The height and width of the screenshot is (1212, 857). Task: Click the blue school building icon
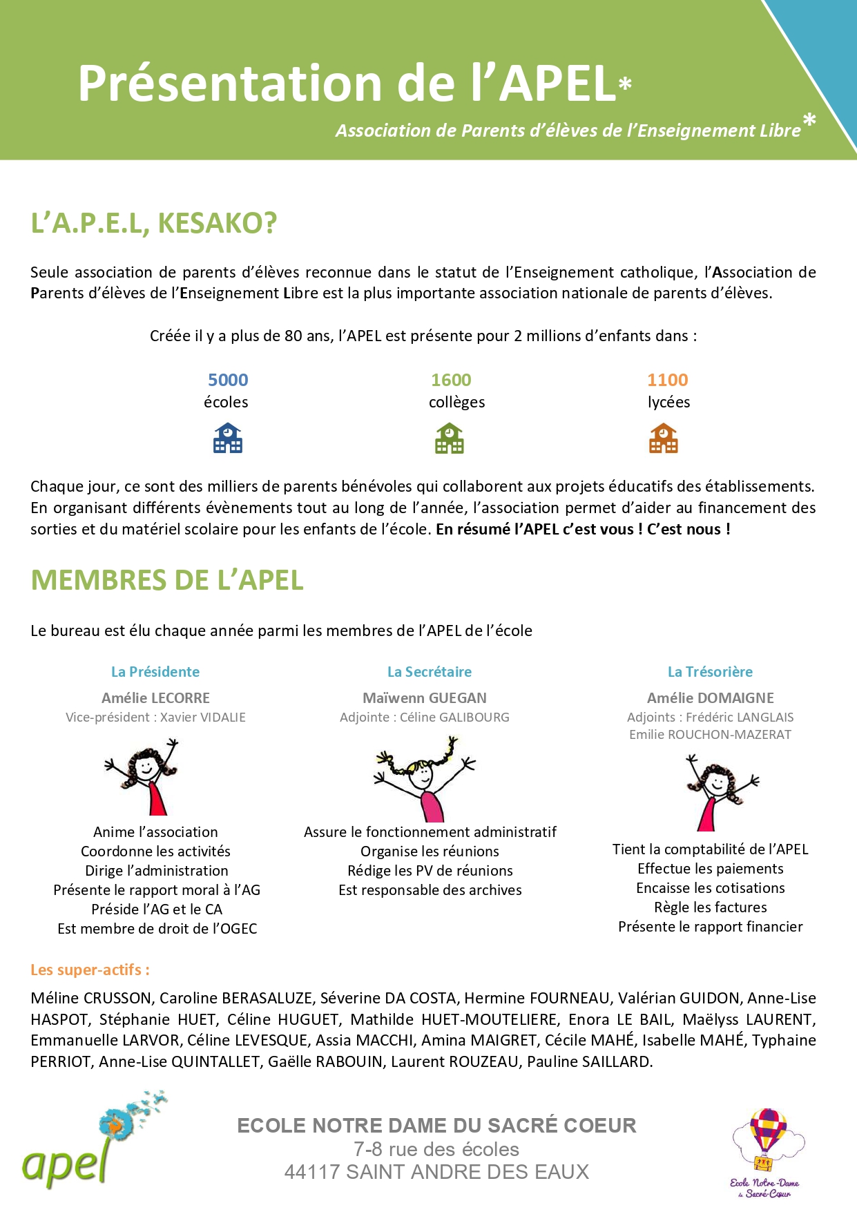click(x=228, y=439)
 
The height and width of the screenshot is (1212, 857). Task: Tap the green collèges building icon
click(x=450, y=439)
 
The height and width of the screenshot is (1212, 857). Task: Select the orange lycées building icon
click(x=664, y=439)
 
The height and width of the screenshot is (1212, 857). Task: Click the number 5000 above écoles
click(x=228, y=380)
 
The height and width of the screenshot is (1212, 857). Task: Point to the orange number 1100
click(x=668, y=380)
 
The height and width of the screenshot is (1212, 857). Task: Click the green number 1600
click(x=451, y=380)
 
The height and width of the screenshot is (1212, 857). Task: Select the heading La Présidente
click(x=155, y=672)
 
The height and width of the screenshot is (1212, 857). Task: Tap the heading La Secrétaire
click(x=430, y=672)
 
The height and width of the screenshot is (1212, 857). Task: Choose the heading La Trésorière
click(x=710, y=672)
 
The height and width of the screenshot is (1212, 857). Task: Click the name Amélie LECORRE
click(x=155, y=698)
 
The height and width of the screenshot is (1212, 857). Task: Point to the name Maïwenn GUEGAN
click(x=425, y=698)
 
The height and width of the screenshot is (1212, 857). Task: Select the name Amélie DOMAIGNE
click(x=711, y=698)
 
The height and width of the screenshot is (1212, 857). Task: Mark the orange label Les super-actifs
click(x=90, y=970)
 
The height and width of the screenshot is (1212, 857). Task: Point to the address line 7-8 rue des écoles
click(x=436, y=1149)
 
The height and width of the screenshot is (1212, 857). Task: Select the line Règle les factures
click(x=711, y=907)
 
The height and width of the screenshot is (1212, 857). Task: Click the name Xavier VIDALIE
click(x=203, y=718)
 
